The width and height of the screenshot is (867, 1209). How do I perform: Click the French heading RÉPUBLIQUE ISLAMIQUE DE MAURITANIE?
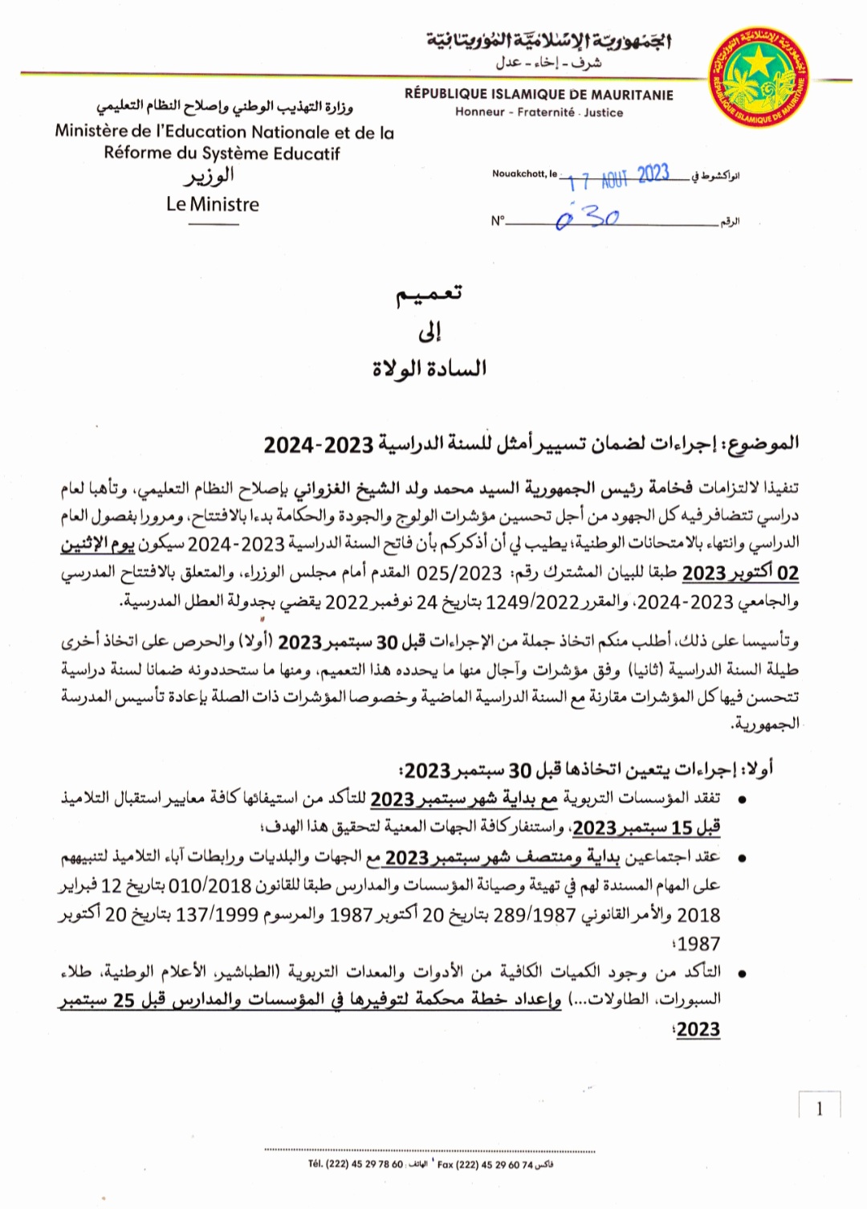[x=539, y=95]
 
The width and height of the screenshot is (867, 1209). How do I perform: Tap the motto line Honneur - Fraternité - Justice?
[x=539, y=112]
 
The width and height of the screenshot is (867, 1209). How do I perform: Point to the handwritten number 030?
[x=588, y=218]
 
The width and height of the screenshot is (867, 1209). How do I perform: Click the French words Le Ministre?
[x=213, y=204]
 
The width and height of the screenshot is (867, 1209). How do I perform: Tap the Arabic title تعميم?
[x=429, y=294]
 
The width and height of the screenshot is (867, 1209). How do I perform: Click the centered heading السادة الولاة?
[x=429, y=369]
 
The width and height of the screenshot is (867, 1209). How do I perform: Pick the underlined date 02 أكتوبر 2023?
[x=740, y=573]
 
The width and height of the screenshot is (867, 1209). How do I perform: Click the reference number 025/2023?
[x=459, y=573]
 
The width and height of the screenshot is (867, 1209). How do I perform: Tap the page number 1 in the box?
[x=819, y=1109]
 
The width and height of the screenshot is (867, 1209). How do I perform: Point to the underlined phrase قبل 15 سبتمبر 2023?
[x=646, y=827]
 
